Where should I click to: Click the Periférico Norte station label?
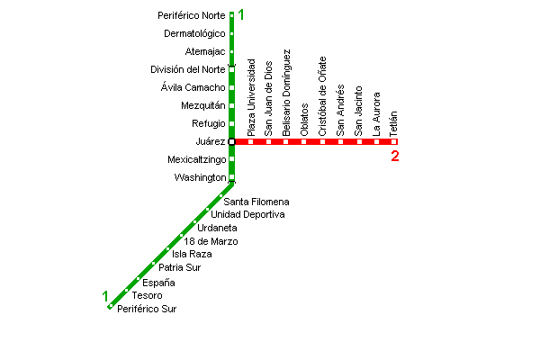click(x=191, y=16)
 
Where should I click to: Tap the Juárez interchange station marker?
click(x=231, y=141)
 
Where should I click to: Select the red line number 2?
click(x=395, y=157)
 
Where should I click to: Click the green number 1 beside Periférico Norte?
click(x=241, y=14)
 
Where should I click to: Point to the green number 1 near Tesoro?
click(x=105, y=296)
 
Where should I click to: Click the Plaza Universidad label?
click(x=251, y=97)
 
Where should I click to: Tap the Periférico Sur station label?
click(x=147, y=310)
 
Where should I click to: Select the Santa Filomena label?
click(x=256, y=202)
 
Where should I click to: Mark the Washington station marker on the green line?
click(x=231, y=177)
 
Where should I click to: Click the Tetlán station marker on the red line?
click(x=394, y=141)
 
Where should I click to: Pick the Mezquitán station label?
click(x=203, y=106)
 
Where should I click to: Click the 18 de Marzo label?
click(x=211, y=241)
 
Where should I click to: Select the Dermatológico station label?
click(x=194, y=34)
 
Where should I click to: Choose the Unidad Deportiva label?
click(x=247, y=215)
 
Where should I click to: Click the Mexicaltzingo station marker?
click(x=231, y=159)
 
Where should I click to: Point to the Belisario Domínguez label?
click(x=286, y=93)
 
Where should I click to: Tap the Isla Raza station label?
click(x=192, y=255)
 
